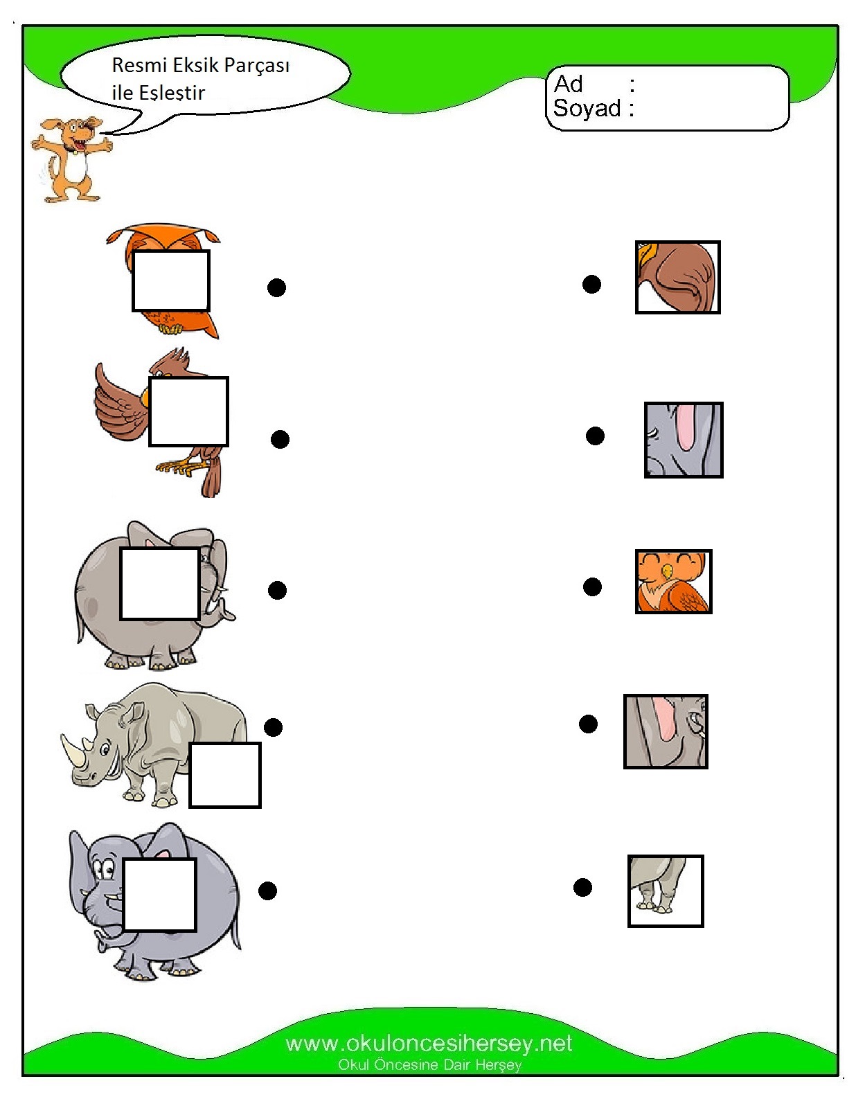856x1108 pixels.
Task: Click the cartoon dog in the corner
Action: [x=71, y=158]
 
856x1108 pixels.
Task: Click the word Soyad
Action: [x=587, y=109]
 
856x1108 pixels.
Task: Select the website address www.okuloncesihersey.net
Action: [x=429, y=1043]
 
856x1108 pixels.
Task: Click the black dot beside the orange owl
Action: [x=276, y=287]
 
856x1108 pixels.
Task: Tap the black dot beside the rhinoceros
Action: [x=273, y=727]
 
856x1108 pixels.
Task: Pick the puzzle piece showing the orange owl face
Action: [x=673, y=582]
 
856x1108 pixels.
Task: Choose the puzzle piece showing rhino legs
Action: [x=665, y=891]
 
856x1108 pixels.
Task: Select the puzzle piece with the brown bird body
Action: [x=677, y=277]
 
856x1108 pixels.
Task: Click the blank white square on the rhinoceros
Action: [x=225, y=775]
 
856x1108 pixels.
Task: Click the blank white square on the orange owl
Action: [x=171, y=280]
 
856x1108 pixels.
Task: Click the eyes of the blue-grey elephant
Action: [x=105, y=868]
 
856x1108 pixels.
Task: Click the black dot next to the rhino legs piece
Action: [x=582, y=887]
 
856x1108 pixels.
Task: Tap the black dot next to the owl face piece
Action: [x=592, y=587]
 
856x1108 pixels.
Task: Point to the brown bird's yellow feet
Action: [x=176, y=467]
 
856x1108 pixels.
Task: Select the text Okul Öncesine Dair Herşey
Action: [x=429, y=1064]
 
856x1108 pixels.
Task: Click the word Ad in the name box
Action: [x=569, y=84]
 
